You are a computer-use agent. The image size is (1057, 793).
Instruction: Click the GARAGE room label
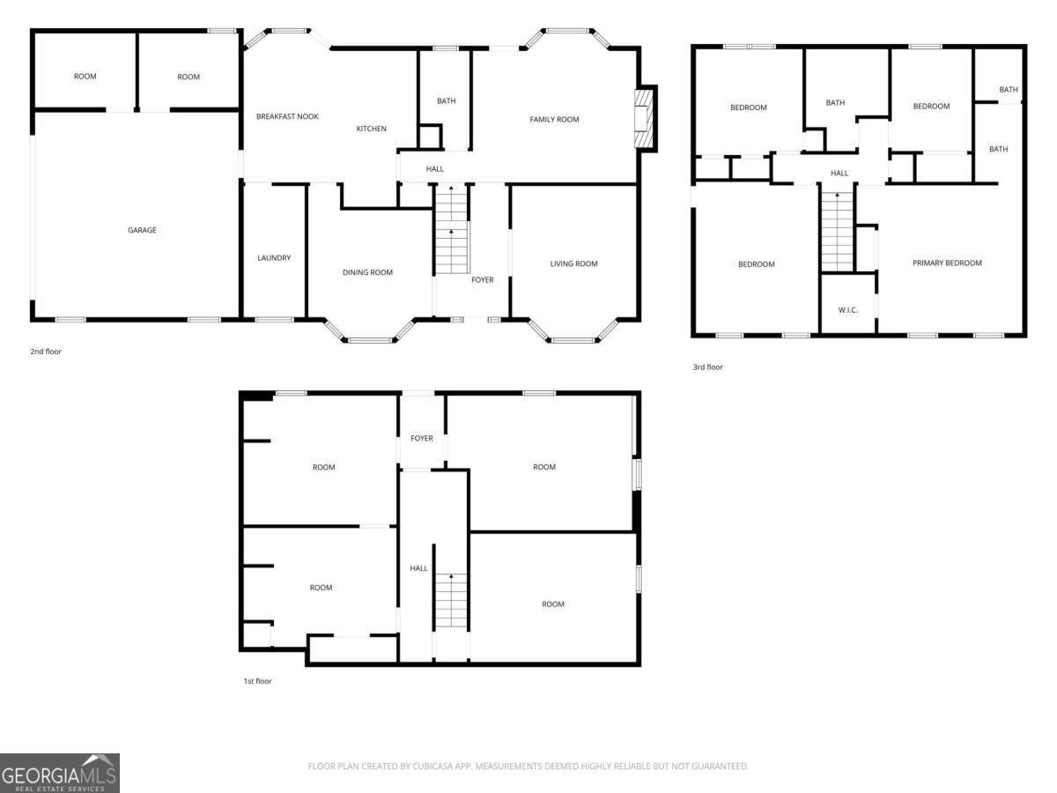142,230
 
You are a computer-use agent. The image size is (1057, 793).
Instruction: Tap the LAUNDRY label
274,258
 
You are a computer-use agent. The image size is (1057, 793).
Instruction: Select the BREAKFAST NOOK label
287,116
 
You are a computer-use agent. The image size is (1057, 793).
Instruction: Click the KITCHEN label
371,129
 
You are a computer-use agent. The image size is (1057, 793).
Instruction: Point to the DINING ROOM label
367,272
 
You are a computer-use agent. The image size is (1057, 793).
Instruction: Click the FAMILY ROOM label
554,119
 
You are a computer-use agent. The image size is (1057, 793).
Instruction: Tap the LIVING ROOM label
573,263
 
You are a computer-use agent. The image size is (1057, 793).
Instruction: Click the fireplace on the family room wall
645,118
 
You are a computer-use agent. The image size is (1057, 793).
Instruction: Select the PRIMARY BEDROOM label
947,263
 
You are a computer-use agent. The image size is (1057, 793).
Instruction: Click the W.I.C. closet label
847,309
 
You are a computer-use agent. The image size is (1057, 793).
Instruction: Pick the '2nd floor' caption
46,352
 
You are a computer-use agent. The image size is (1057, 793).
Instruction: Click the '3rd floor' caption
707,367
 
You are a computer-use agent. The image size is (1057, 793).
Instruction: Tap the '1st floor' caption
256,680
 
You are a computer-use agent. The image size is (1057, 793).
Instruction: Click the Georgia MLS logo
59,773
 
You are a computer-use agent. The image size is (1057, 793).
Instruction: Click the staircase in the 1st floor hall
450,601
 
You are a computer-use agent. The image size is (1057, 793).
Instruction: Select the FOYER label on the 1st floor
422,438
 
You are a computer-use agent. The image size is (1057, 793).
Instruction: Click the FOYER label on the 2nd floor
483,280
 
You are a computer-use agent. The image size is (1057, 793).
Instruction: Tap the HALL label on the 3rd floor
839,173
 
